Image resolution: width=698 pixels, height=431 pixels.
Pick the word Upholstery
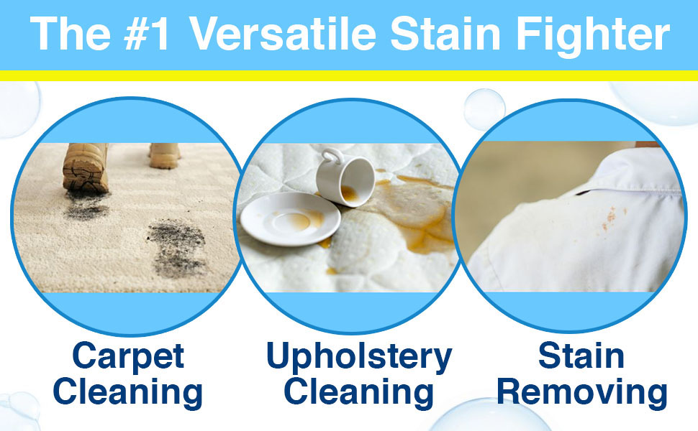tap(359, 358)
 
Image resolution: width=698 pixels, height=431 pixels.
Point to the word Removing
tap(582, 392)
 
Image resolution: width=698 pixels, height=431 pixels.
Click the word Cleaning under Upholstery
tap(359, 392)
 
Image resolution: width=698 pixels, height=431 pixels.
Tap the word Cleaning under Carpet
tap(128, 392)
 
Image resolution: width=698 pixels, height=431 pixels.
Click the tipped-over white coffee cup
tap(345, 177)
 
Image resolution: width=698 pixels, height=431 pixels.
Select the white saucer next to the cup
tap(290, 219)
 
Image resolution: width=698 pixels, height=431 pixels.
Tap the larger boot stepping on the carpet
tap(86, 168)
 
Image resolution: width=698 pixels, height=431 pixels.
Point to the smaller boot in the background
tap(164, 155)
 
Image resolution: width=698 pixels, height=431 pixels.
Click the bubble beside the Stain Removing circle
tap(484, 109)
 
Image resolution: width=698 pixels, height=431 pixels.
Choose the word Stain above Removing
tap(581, 356)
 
